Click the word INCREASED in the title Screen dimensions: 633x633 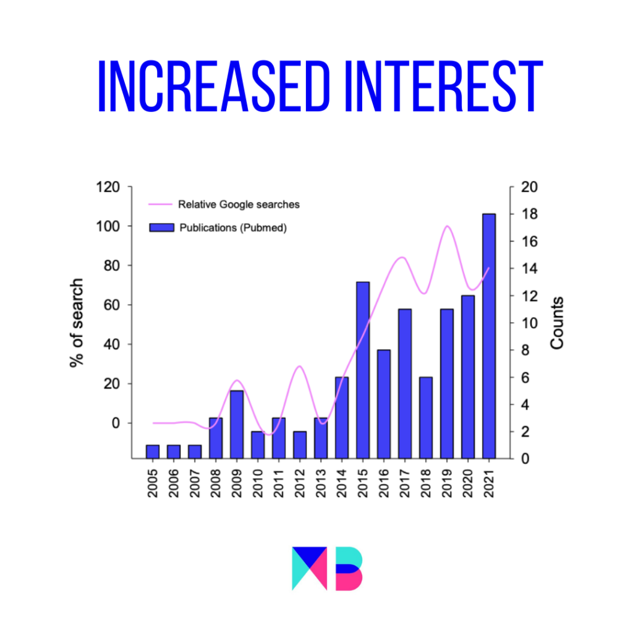(214, 86)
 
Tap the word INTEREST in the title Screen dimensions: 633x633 (444, 86)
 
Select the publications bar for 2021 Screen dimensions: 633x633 (489, 336)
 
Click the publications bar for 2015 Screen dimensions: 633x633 (363, 370)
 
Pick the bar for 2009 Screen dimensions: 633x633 (237, 424)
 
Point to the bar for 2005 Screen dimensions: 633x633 (153, 452)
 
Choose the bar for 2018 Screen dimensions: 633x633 (426, 418)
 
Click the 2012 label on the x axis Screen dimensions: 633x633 (300, 483)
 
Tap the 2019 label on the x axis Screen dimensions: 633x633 (447, 483)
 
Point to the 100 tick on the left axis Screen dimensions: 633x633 (108, 226)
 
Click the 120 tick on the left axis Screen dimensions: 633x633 (108, 187)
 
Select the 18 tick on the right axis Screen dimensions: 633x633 (529, 214)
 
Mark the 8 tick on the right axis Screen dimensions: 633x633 (525, 350)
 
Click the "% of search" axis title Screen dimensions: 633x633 (77, 323)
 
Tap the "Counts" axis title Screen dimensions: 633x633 (557, 323)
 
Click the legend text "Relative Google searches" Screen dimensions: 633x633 (239, 205)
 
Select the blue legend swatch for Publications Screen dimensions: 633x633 (161, 227)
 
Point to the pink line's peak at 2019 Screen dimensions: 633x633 (447, 226)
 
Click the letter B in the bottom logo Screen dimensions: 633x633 (349, 569)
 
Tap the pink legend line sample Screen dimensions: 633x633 (160, 204)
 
